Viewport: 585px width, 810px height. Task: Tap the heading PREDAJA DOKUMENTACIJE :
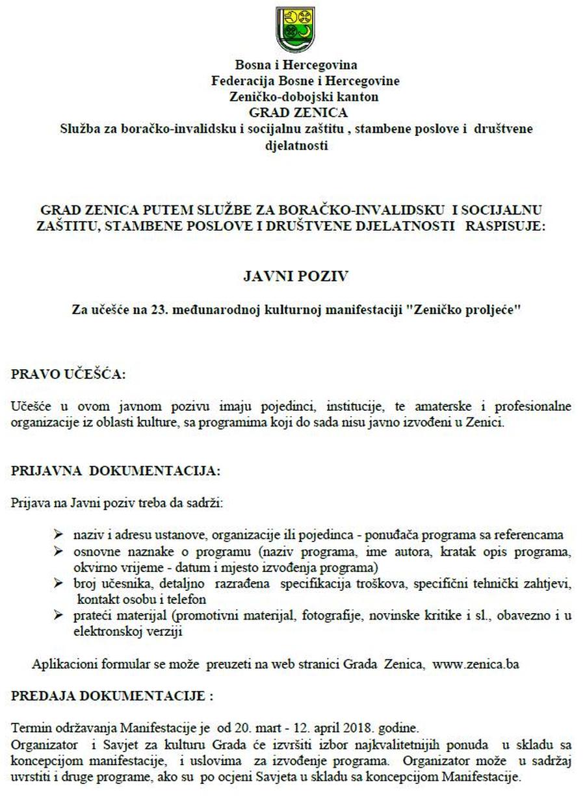(x=112, y=696)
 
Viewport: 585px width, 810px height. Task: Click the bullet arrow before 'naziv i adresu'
(x=59, y=534)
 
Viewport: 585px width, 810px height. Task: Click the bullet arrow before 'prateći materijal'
(x=59, y=615)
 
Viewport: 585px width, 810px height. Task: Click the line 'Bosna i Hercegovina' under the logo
(x=296, y=65)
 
